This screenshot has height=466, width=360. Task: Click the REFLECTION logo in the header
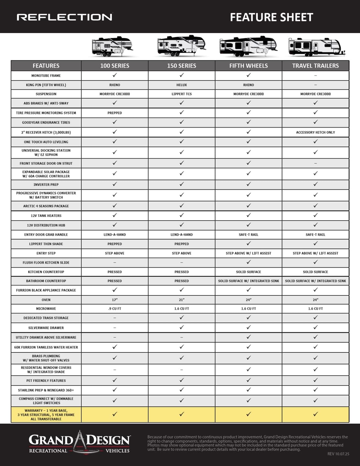[64, 17]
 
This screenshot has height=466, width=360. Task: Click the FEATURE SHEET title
[271, 17]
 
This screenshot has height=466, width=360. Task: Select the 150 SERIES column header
[181, 66]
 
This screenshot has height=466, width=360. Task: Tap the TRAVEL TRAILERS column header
[315, 66]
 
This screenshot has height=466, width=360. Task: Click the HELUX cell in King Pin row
[181, 85]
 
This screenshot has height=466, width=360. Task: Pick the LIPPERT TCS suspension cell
[181, 94]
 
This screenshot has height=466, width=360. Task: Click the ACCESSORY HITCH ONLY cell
[315, 132]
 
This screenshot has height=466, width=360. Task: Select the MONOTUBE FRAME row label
[46, 75]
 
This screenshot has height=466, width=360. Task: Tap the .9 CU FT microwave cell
[115, 309]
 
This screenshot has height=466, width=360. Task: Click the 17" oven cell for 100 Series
[115, 300]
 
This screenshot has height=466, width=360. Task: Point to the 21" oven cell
[181, 300]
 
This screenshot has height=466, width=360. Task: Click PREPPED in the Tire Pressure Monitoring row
[115, 113]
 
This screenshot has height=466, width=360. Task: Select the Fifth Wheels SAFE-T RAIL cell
[248, 235]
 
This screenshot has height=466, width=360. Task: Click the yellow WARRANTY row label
[46, 415]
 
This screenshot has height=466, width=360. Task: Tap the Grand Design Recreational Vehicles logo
[79, 443]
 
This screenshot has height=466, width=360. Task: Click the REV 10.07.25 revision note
[338, 454]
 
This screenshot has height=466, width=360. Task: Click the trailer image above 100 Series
[112, 46]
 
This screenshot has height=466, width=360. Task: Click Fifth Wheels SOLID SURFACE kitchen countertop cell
[248, 272]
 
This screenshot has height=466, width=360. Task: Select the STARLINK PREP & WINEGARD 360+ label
[46, 390]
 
